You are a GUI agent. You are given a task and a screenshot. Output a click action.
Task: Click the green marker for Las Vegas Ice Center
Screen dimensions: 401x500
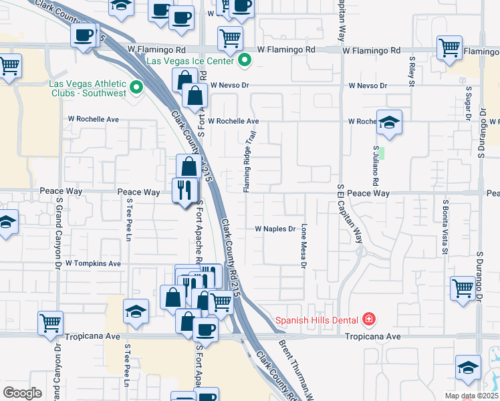pyautogui.click(x=245, y=61)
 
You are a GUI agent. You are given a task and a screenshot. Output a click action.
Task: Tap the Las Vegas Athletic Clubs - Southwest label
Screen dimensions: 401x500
pyautogui.click(x=87, y=88)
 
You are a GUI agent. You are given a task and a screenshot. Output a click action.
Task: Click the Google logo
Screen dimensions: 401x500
pyautogui.click(x=22, y=392)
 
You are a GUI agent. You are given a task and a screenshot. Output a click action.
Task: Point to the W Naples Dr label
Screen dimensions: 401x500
pyautogui.click(x=275, y=229)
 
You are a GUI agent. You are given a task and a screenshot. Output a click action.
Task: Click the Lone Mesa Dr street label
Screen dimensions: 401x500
pyautogui.click(x=303, y=245)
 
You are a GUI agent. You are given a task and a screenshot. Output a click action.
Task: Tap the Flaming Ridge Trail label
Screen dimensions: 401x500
pyautogui.click(x=250, y=162)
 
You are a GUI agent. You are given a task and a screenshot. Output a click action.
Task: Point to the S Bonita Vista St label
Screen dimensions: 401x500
pyautogui.click(x=444, y=227)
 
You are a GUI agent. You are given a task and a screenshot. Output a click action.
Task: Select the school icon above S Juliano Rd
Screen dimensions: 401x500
pyautogui.click(x=389, y=122)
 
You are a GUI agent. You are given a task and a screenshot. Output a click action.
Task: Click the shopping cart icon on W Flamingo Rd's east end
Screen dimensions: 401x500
pyautogui.click(x=449, y=47)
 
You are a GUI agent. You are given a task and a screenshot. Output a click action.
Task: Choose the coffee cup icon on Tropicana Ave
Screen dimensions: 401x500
pyautogui.click(x=205, y=329)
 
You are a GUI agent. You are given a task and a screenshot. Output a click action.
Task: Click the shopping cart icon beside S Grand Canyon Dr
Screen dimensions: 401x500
pyautogui.click(x=51, y=323)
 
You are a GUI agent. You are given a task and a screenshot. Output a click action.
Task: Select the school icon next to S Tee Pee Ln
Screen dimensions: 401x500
pyautogui.click(x=136, y=311)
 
